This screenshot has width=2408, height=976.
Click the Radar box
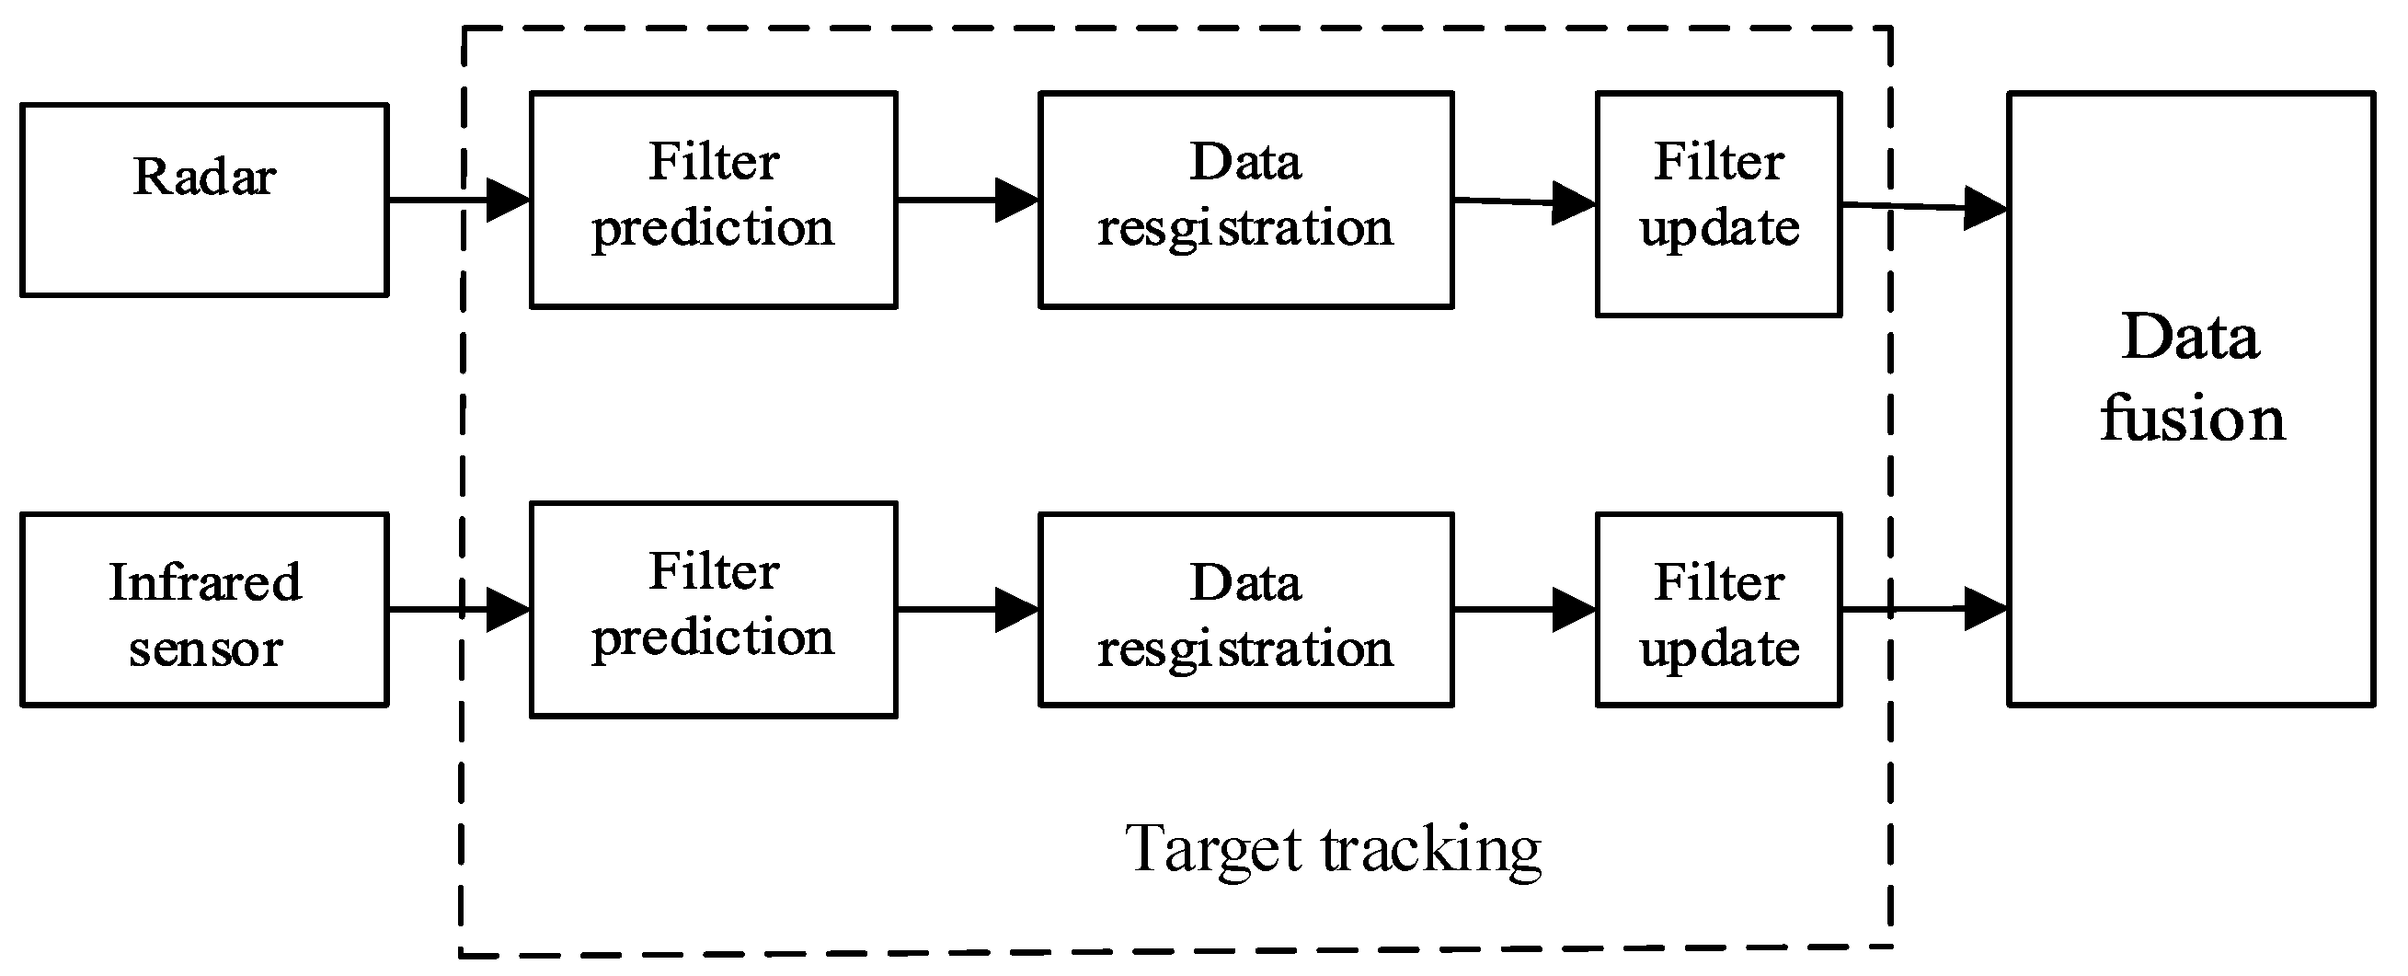204,200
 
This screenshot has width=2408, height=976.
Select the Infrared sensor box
204,610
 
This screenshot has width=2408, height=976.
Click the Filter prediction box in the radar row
713,199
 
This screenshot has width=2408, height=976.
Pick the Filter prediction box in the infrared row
713,610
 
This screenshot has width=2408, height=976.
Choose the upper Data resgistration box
1245,199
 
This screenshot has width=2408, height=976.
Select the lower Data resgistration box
1245,610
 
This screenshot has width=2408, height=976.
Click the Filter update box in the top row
1718,204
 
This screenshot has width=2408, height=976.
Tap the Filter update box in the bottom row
1718,610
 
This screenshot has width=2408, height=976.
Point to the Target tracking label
1332,849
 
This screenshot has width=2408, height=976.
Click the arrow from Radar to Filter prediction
458,199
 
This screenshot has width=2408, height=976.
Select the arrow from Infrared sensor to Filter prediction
458,610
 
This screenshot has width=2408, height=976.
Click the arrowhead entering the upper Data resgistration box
1017,200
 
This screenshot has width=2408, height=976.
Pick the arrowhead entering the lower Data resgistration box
1017,610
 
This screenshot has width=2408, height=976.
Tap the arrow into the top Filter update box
1524,202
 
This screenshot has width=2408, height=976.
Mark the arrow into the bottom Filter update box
1524,610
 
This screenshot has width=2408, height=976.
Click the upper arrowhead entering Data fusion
1984,208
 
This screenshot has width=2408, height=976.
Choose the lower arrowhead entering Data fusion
1984,610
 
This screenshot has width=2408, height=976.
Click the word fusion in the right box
2192,419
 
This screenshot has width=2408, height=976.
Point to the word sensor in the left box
206,648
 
